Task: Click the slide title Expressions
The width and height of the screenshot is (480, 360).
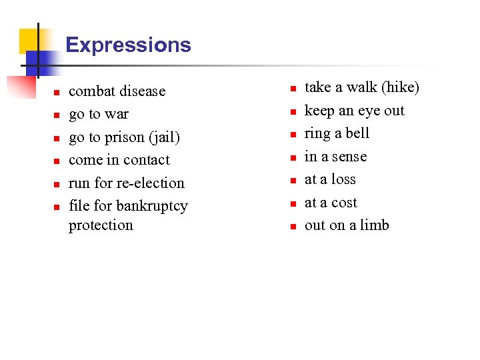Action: [x=128, y=45]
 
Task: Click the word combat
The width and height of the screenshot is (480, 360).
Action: [x=92, y=91]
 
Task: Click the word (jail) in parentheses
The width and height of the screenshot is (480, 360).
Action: [x=164, y=137]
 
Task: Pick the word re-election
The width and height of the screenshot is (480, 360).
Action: [x=152, y=183]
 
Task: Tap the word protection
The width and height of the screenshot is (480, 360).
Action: [x=101, y=225]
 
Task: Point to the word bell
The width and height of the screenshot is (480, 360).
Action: [x=357, y=133]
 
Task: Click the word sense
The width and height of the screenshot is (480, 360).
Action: [x=349, y=157]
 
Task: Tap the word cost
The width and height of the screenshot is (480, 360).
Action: [x=344, y=203]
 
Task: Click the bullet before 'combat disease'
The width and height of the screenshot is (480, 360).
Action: [x=57, y=93]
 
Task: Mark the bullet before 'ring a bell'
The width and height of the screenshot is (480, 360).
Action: [x=292, y=135]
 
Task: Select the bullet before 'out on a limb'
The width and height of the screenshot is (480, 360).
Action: [x=292, y=227]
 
